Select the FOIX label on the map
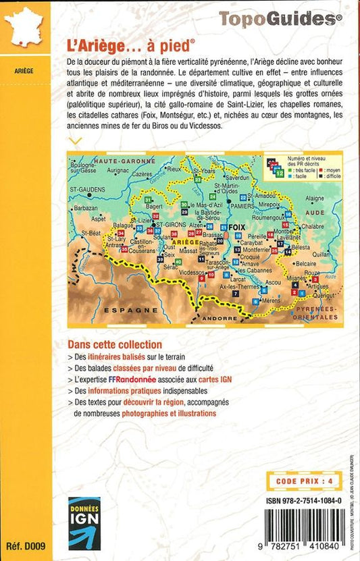pos(235,228)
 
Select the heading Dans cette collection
pos(115,344)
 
